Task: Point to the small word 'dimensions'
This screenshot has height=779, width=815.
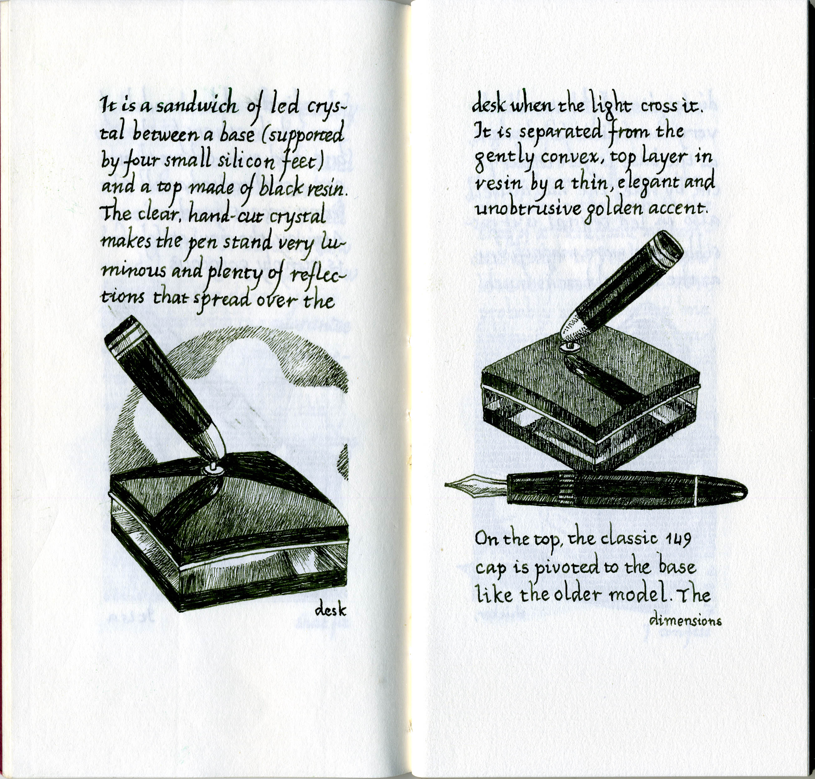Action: pyautogui.click(x=685, y=620)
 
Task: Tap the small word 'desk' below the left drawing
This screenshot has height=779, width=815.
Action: pyautogui.click(x=331, y=610)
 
